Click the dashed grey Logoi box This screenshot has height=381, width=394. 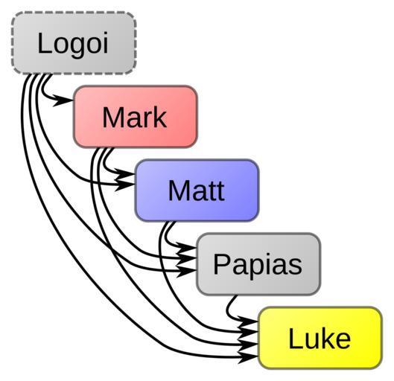(74, 43)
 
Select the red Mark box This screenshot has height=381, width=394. (136, 117)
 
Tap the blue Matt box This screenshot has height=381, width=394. (197, 190)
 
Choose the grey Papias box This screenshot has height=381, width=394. (258, 264)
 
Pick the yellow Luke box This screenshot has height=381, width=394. (320, 338)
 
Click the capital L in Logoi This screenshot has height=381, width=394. (44, 42)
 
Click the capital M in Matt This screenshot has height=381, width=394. (178, 190)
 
